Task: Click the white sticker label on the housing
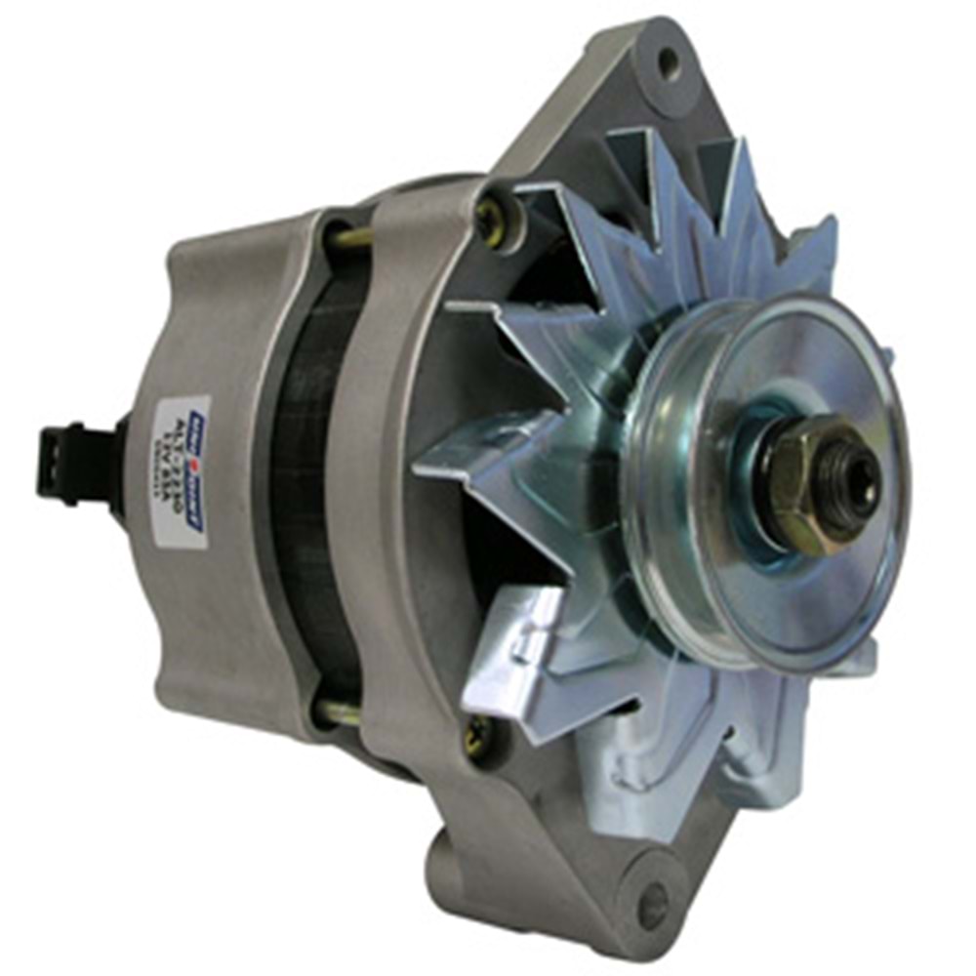pos(182,470)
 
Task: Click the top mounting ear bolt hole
pos(668,63)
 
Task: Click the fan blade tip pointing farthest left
pos(416,469)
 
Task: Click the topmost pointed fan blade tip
pos(743,146)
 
